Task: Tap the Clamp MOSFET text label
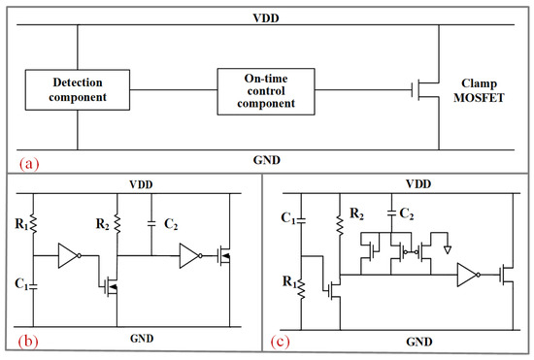pyautogui.click(x=479, y=90)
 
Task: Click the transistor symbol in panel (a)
pyautogui.click(x=425, y=90)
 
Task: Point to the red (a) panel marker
pyautogui.click(x=29, y=164)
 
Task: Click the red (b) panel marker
pyautogui.click(x=28, y=341)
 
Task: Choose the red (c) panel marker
pyautogui.click(x=280, y=341)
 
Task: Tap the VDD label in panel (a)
pyautogui.click(x=266, y=18)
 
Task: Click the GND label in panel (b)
pyautogui.click(x=142, y=339)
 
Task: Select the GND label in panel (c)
pyautogui.click(x=419, y=342)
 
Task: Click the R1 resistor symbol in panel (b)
pyautogui.click(x=33, y=223)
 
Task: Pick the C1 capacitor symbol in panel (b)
pyautogui.click(x=33, y=287)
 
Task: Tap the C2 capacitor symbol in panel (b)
pyautogui.click(x=151, y=223)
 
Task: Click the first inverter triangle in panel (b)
pyautogui.click(x=70, y=255)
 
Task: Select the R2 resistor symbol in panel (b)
pyautogui.click(x=117, y=223)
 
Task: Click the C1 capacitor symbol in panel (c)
pyautogui.click(x=301, y=220)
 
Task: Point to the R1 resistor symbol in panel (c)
pyautogui.click(x=301, y=288)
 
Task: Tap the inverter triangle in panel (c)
pyautogui.click(x=469, y=275)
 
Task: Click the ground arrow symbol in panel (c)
pyautogui.click(x=448, y=250)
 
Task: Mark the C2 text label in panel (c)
pyautogui.click(x=407, y=214)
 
